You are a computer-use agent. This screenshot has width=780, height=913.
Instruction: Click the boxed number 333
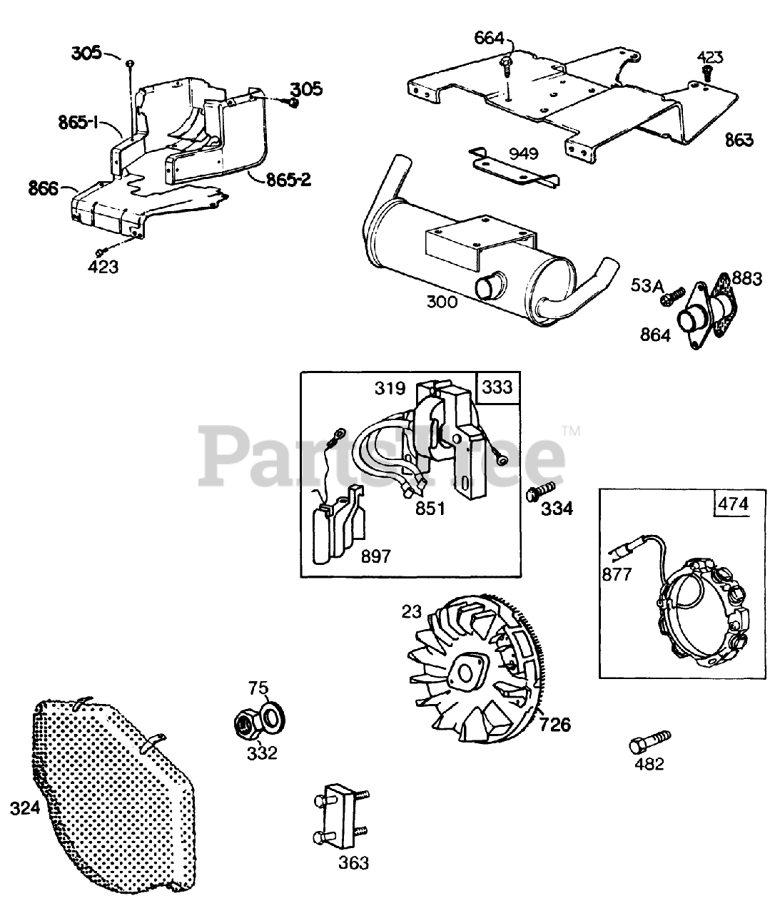tap(497, 387)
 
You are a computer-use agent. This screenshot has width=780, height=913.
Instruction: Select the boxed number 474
tap(732, 504)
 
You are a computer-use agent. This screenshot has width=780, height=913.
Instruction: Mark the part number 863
tap(739, 139)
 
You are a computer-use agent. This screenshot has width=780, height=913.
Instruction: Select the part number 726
tap(555, 725)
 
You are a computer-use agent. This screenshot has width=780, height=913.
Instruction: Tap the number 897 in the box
tap(376, 555)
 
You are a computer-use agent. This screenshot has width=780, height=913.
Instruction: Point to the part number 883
tap(747, 279)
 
